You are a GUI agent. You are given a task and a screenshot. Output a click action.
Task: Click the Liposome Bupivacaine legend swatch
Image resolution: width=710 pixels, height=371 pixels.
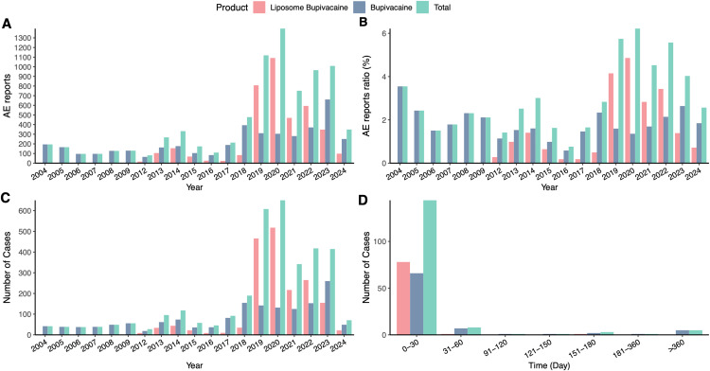click(x=258, y=7)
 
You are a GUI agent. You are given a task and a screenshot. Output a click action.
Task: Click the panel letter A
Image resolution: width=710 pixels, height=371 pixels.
click(x=7, y=24)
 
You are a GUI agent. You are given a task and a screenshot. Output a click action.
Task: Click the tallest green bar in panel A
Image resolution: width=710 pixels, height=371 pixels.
click(x=282, y=96)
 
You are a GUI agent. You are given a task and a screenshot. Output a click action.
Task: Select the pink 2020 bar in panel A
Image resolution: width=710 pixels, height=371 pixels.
click(x=272, y=111)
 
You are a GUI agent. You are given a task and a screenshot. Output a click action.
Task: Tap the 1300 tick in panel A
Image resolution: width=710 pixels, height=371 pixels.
click(x=25, y=38)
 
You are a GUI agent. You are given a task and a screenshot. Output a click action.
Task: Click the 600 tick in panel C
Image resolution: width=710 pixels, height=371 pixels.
click(x=25, y=210)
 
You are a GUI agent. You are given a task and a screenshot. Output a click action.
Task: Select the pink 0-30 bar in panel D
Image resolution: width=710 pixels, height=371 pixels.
click(x=403, y=298)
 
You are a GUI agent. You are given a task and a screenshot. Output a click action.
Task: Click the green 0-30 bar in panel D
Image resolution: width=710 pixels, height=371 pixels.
click(x=430, y=268)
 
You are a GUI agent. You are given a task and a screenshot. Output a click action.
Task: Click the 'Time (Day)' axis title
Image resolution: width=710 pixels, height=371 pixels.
click(x=550, y=364)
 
